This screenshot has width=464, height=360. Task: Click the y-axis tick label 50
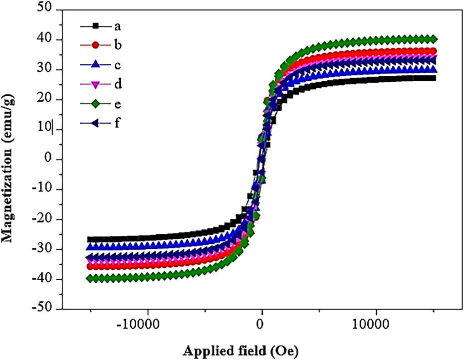coord(47,10)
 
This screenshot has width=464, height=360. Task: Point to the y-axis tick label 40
coord(47,40)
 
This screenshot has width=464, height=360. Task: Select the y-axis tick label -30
coord(44,249)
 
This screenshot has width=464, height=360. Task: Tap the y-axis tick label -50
coord(44,309)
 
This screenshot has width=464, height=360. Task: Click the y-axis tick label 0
coord(50,160)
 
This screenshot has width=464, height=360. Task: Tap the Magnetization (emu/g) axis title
coord(8,160)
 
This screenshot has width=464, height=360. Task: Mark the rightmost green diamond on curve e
coord(434,39)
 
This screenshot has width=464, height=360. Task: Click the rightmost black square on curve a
coord(433,78)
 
